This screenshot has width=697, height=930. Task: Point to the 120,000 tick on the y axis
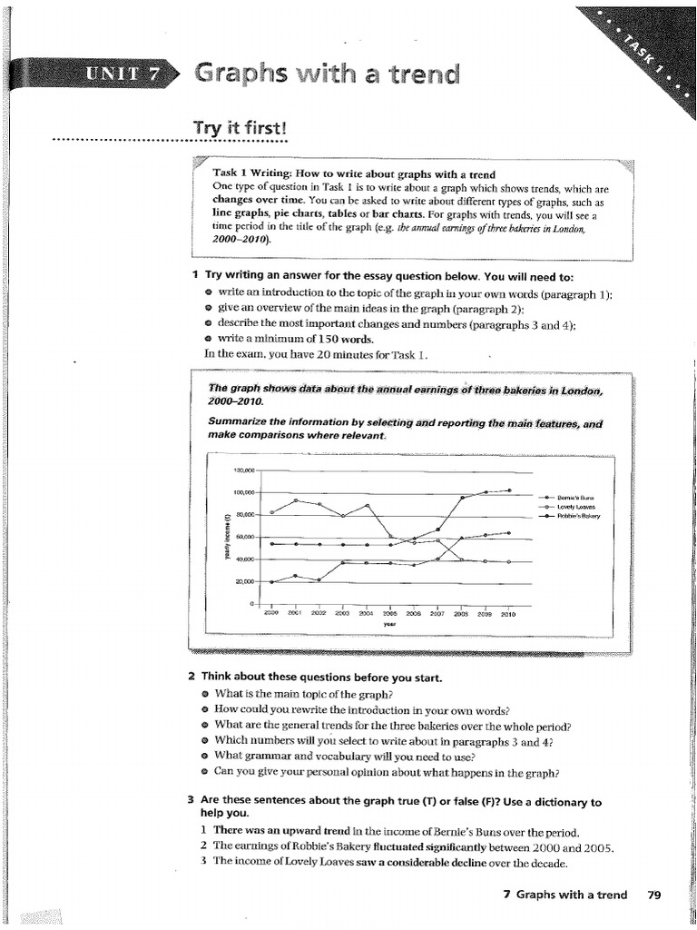point(244,470)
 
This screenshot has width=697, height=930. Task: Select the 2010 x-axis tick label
point(507,613)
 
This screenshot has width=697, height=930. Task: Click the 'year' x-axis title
point(389,624)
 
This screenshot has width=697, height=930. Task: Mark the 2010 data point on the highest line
point(509,490)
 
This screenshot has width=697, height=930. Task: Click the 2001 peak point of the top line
point(296,500)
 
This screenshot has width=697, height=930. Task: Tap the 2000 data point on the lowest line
point(272,581)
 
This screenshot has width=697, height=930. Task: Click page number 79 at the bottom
point(654,895)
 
